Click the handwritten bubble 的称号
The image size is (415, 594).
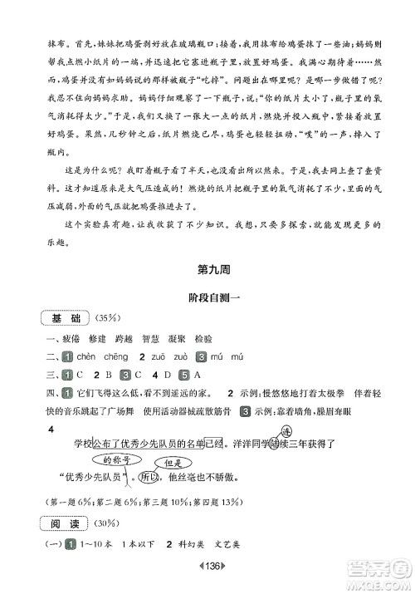tap(113, 459)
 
